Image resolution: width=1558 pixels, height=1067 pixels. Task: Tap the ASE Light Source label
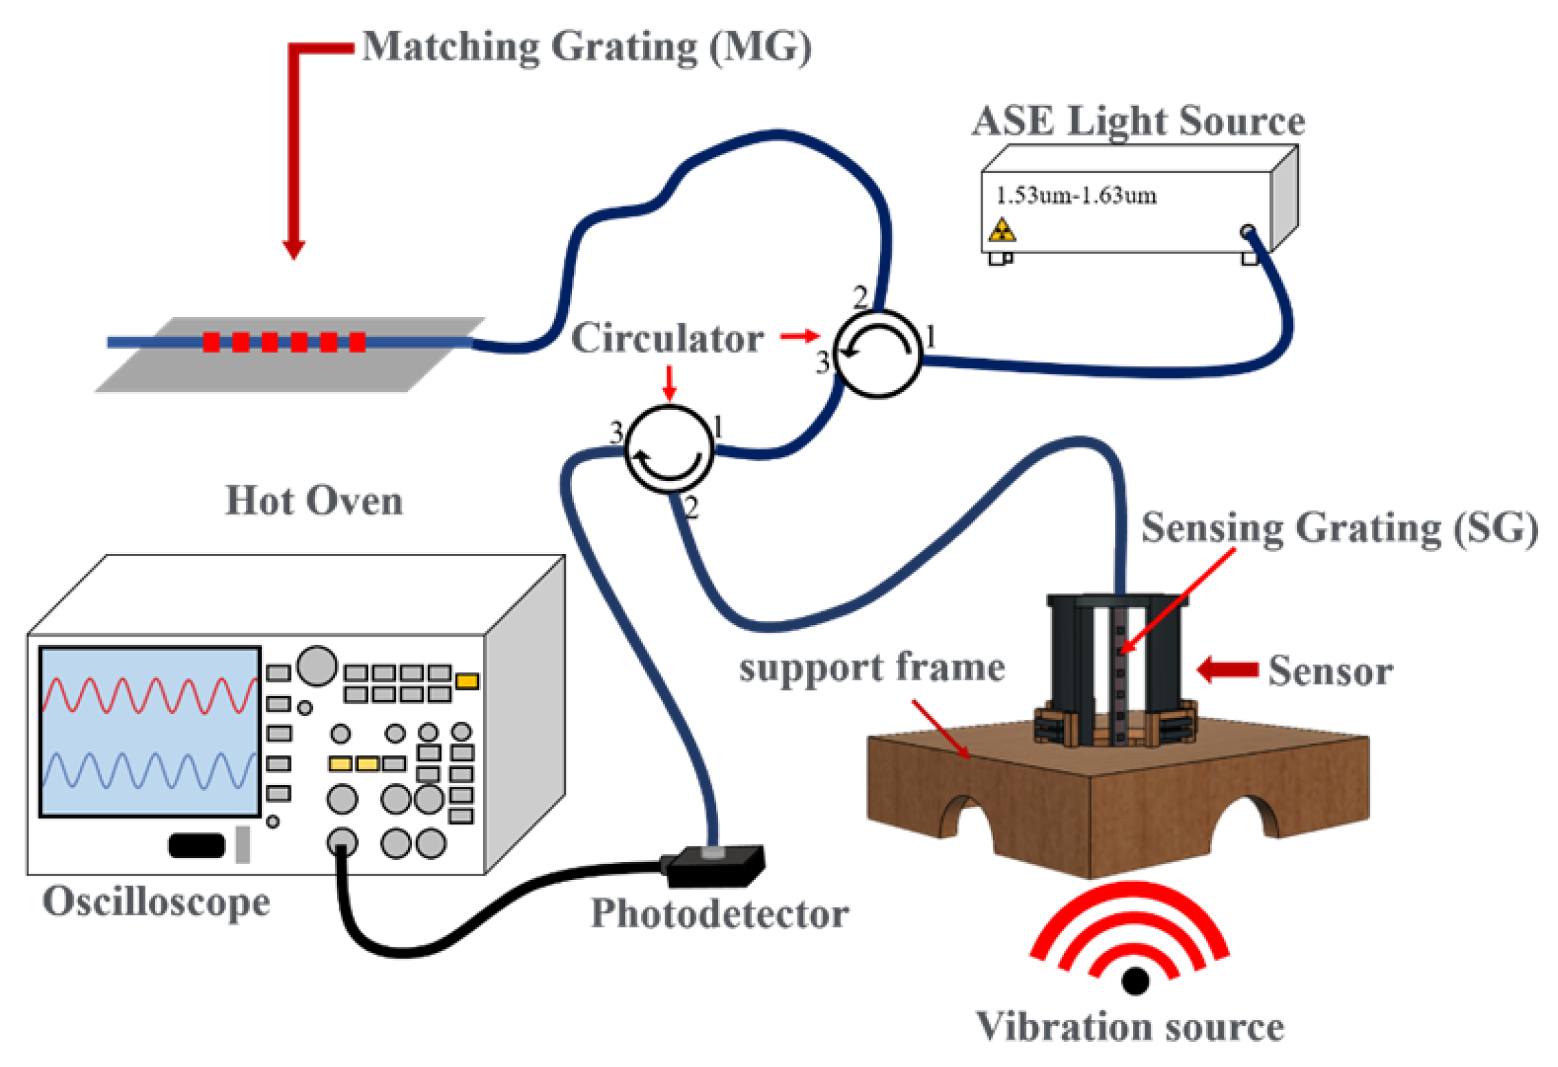pos(1138,122)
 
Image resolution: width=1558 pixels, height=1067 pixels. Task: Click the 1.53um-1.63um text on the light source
pos(1076,196)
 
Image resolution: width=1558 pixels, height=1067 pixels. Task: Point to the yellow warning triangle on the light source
pos(1002,231)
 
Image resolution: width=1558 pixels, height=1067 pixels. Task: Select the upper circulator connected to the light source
pos(878,354)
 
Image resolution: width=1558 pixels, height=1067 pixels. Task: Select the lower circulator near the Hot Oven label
pos(669,448)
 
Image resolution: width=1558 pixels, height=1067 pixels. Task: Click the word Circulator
pos(666,338)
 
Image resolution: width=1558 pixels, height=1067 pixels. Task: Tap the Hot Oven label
pos(314,501)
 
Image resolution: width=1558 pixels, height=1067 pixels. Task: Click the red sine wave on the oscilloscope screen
pos(149,695)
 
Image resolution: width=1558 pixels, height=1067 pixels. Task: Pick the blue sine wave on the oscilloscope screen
pos(149,771)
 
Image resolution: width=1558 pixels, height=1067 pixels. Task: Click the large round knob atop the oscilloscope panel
pos(317,665)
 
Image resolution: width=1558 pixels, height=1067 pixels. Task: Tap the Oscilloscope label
pos(156,902)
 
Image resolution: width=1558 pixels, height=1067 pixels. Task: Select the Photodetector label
pos(719,913)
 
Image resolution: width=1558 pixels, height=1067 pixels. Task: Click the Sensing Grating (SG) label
pos(1339,527)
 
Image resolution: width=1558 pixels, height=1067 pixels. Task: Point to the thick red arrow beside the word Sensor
pos(1228,669)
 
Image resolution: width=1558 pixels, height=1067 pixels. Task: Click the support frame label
pos(871,667)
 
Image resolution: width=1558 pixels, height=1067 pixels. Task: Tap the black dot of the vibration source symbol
pos(1135,982)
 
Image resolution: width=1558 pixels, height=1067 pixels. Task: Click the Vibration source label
pos(1130,1027)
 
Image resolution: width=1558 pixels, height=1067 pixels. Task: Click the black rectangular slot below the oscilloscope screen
pos(197,845)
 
